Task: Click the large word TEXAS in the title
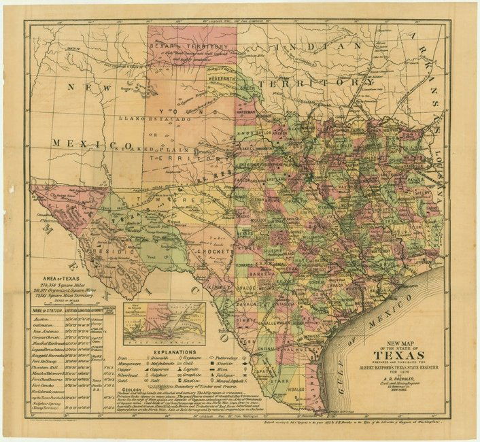pos(400,356)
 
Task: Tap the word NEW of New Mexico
pos(87,88)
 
